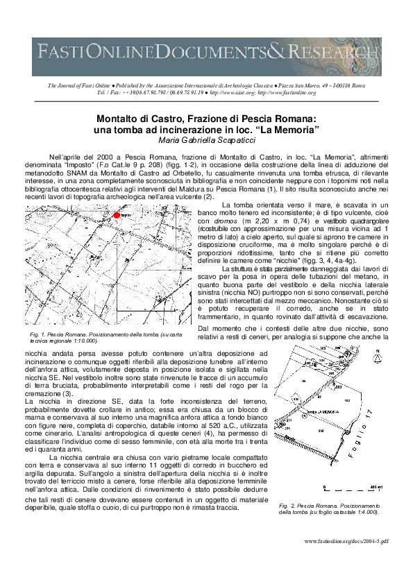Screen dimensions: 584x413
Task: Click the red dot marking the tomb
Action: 117,216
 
